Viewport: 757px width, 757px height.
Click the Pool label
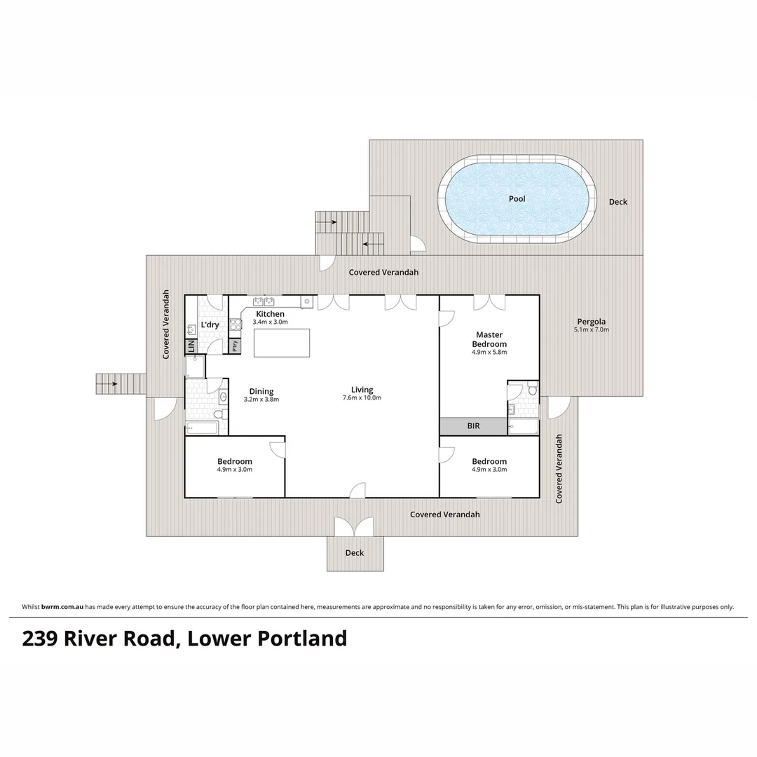[517, 199]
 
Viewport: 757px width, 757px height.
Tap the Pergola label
[592, 321]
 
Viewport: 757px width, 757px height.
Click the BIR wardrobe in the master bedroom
[474, 425]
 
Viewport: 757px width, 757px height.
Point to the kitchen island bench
[280, 343]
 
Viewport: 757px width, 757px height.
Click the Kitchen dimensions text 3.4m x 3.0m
[270, 322]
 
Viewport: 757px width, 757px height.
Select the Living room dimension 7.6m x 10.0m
[362, 398]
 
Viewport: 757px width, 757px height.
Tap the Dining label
[261, 391]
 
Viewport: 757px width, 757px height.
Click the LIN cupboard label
[191, 346]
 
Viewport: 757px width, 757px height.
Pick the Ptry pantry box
[235, 346]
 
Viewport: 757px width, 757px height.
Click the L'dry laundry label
[210, 325]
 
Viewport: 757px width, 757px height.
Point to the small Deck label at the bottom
[355, 553]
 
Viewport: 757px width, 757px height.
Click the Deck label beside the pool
[618, 202]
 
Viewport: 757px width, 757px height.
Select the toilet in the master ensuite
[532, 390]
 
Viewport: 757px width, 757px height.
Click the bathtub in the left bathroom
[202, 428]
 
